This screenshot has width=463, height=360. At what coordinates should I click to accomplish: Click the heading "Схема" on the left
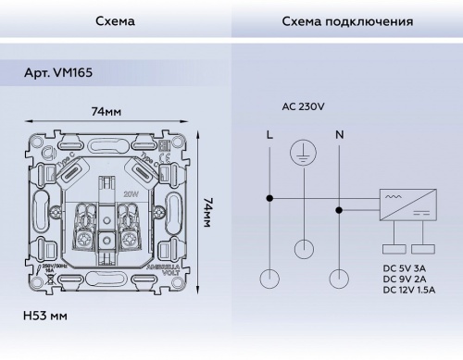(x=114, y=20)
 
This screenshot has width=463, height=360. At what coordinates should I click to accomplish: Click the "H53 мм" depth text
(x=44, y=317)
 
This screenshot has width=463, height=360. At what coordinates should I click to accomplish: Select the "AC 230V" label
(x=303, y=106)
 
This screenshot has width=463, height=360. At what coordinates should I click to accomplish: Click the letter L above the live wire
(x=269, y=135)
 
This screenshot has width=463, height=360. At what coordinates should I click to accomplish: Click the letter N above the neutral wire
(x=339, y=135)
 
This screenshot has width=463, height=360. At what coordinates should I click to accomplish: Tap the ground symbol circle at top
(x=304, y=153)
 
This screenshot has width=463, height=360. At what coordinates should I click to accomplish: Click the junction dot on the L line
(x=269, y=197)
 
